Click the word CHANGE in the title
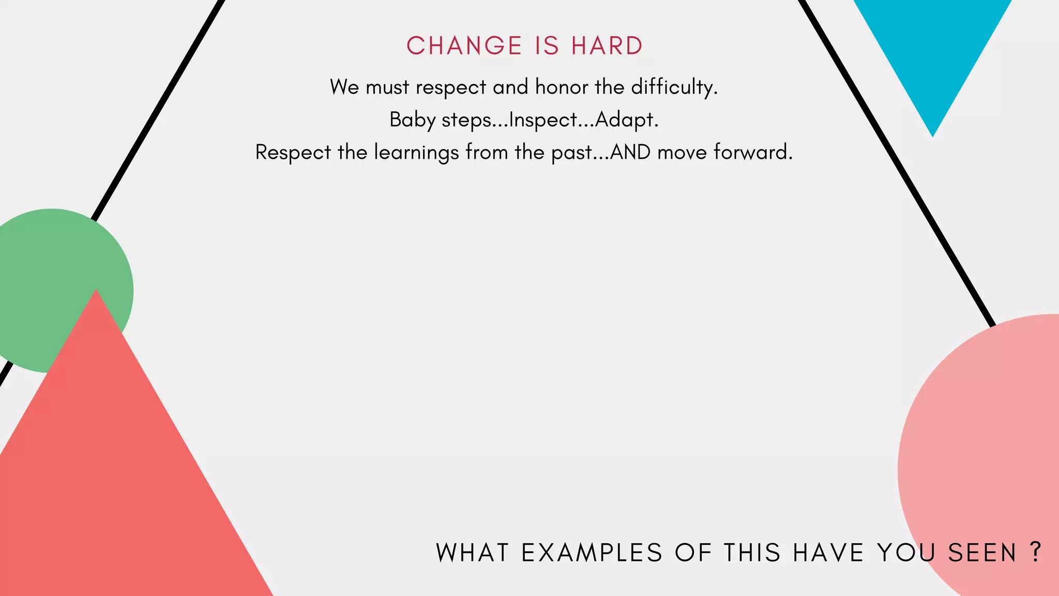[x=464, y=46]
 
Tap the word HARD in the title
[x=607, y=46]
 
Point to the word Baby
[x=412, y=120]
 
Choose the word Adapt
[x=626, y=120]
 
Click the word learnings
[x=416, y=153]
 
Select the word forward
[x=753, y=152]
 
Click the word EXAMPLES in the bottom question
[x=592, y=553]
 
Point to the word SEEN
[x=982, y=553]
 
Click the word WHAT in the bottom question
[x=473, y=553]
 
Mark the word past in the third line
[x=571, y=153]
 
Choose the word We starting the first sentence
[x=344, y=87]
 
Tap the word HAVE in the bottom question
[x=828, y=553]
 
